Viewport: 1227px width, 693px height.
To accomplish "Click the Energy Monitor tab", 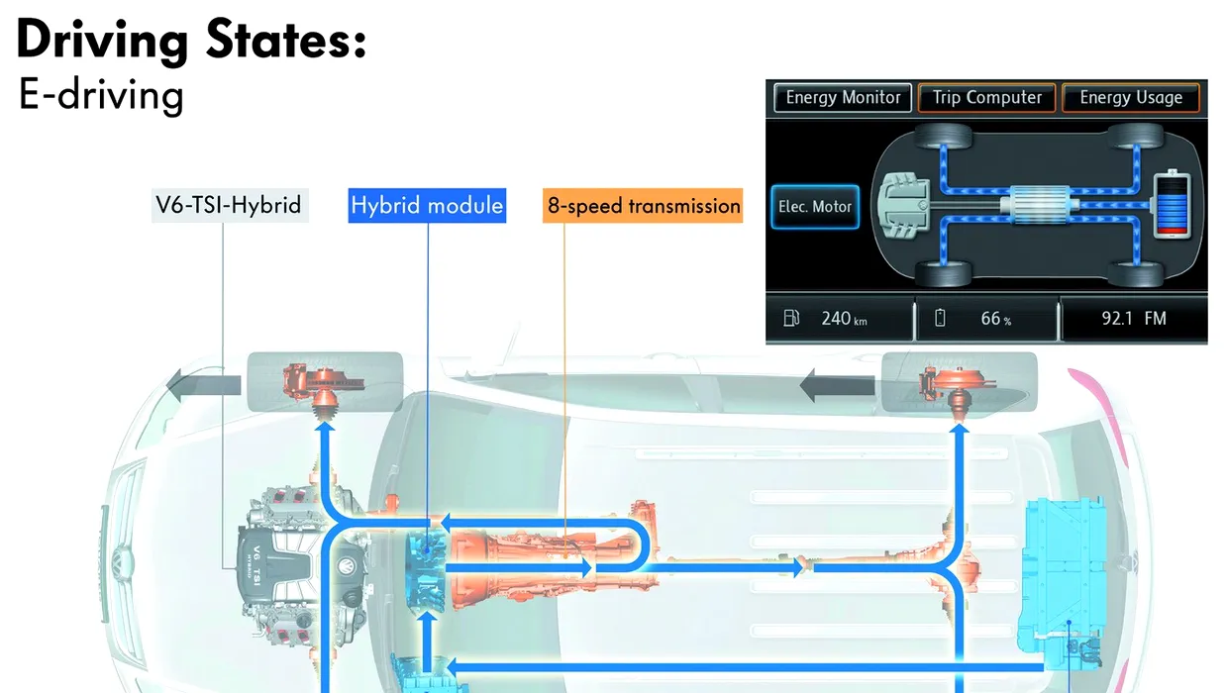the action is click(x=843, y=98).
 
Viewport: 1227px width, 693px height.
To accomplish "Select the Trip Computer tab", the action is click(x=986, y=98).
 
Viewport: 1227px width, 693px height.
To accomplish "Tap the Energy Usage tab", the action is click(x=1131, y=98).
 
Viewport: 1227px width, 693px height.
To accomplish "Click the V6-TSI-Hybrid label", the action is click(x=230, y=205).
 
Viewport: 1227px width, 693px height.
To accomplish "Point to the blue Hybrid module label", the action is click(x=427, y=205).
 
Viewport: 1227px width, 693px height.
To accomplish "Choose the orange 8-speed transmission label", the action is click(x=643, y=205).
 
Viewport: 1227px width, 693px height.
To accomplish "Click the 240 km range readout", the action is click(x=844, y=318).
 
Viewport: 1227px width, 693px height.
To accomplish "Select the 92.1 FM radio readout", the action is click(x=1134, y=318).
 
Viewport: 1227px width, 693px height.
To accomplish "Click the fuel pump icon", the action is click(x=791, y=318).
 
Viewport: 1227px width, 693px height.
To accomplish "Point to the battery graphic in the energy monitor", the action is click(x=1173, y=205).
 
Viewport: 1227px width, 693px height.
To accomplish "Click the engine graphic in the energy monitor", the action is click(x=904, y=206).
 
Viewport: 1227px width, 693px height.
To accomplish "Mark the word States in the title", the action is click(x=286, y=40).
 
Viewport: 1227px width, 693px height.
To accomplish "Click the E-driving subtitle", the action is click(x=101, y=95).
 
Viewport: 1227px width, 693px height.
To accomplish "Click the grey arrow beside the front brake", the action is click(x=203, y=385).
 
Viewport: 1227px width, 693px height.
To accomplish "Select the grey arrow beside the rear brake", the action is click(x=837, y=385).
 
